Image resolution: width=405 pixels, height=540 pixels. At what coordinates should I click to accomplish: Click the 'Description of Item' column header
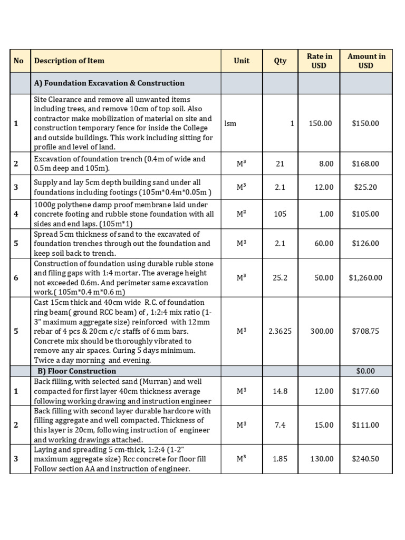tap(69, 61)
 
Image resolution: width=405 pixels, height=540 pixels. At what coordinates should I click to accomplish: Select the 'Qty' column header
tap(280, 61)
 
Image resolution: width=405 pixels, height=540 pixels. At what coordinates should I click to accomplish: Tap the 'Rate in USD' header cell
tap(319, 61)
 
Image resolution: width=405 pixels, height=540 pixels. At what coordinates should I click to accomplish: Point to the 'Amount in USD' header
tap(366, 61)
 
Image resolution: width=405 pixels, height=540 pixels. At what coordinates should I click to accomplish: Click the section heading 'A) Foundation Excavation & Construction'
tap(109, 83)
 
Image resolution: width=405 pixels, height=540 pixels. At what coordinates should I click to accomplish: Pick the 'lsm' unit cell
tap(230, 123)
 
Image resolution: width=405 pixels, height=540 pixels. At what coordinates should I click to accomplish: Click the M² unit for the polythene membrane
tap(242, 214)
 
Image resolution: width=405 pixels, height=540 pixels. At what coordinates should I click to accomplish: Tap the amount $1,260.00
tap(365, 277)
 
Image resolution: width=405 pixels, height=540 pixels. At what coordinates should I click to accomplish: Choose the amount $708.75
tap(365, 331)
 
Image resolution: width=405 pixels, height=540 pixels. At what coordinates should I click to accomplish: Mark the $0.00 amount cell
tap(365, 371)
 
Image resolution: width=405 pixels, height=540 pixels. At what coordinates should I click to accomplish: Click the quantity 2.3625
tap(280, 331)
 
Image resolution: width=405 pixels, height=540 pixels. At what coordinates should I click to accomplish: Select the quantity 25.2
tap(280, 277)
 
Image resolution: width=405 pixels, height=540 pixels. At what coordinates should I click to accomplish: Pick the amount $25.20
tap(365, 187)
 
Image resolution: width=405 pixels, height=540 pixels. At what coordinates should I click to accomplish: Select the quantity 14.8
tap(280, 391)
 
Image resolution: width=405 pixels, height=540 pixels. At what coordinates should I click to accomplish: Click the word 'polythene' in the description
tap(71, 205)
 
